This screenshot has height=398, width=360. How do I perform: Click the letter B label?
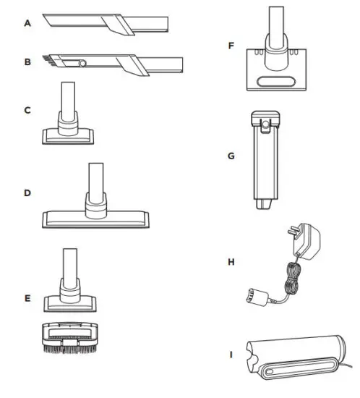tap(27, 63)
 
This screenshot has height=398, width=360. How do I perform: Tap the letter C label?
tap(27, 110)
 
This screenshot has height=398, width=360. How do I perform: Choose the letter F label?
tap(231, 46)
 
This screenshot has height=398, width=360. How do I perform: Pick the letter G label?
tap(231, 155)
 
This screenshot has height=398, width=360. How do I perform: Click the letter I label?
tap(231, 354)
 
